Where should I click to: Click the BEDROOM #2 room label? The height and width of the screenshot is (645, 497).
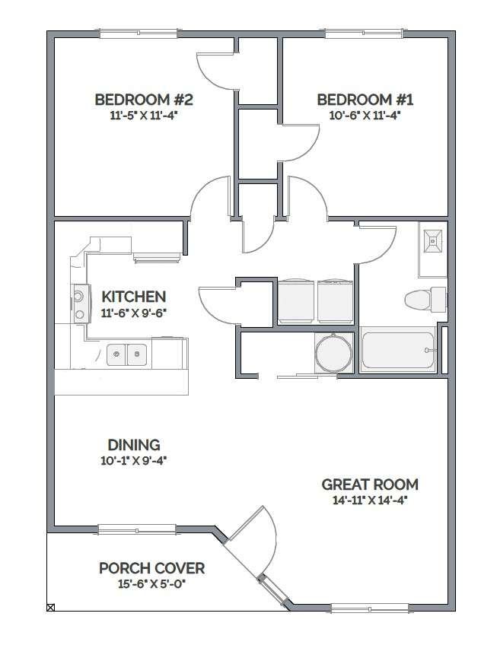144,100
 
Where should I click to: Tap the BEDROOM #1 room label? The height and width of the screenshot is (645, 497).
365,100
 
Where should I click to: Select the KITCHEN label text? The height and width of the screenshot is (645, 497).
133,297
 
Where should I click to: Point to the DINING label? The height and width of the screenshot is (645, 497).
134,445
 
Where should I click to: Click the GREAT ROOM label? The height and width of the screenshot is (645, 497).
370,485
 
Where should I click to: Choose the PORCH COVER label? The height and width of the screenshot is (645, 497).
151,568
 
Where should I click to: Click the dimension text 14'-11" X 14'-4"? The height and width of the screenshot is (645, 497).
370,500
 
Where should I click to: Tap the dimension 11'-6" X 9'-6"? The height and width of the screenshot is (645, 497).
133,313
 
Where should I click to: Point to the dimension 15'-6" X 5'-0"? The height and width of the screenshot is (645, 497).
151,584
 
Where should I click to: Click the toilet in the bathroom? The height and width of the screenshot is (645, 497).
425,300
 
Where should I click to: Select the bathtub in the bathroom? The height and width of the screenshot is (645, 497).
398,350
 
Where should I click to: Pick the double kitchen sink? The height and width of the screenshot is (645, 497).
126,354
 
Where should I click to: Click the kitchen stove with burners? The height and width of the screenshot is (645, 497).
80,303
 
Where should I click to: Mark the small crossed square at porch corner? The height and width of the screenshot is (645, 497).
51,607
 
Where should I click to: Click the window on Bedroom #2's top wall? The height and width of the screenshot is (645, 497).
139,33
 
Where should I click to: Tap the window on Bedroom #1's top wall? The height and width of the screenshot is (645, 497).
364,33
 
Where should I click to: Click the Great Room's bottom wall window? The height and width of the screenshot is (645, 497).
370,608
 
